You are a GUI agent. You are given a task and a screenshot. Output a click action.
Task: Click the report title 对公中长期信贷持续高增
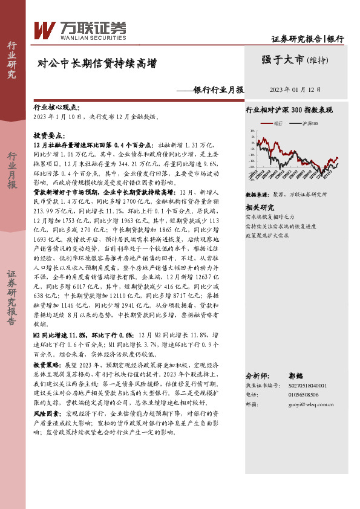coord(97,63)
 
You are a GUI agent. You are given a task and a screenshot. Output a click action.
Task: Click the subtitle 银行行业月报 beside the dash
coord(218,90)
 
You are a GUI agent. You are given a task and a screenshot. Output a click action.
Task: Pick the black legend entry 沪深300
coord(310,123)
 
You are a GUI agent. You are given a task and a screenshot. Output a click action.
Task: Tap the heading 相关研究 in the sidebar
coord(259,207)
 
